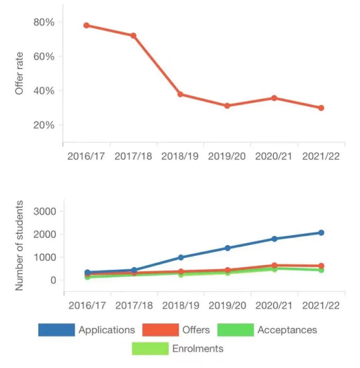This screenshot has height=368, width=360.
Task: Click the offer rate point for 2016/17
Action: pos(86,25)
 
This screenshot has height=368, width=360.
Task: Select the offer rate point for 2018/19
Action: pos(181,94)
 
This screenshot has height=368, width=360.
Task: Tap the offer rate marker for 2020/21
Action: pos(274,98)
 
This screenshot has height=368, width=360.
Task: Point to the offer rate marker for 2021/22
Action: pos(321,108)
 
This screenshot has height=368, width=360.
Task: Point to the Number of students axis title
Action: pos(20,246)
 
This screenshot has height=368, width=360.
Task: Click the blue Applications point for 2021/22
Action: pos(321,233)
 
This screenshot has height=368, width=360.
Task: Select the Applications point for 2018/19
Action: pos(181,257)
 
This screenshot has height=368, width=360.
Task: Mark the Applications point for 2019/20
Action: pos(227,248)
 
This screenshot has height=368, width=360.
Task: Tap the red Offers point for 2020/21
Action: pos(274,266)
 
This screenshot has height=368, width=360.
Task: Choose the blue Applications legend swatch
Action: pos(57,329)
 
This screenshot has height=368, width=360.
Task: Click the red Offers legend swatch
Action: pos(159,329)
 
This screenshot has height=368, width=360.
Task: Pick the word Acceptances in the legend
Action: pos(287,329)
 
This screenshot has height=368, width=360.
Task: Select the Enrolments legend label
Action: pos(198,348)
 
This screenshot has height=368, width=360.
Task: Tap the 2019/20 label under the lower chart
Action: pos(227,305)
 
